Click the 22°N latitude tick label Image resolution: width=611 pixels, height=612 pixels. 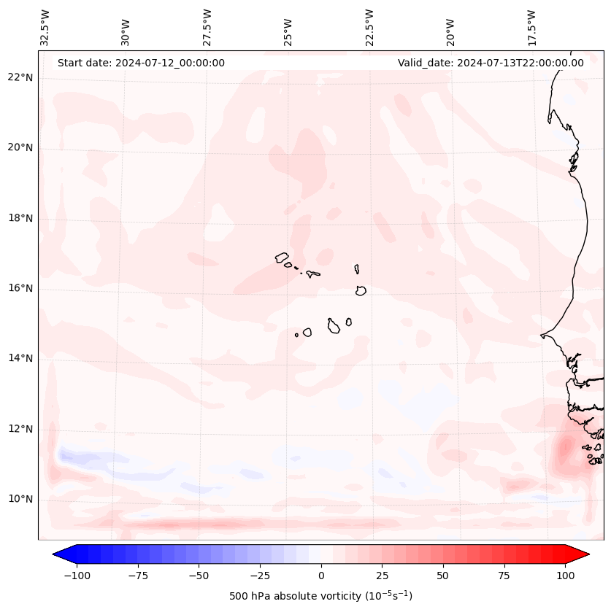click(21, 77)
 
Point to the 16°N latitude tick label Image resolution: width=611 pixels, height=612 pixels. click(21, 288)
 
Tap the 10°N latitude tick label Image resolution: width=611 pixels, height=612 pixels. click(21, 499)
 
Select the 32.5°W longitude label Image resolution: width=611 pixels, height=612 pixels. click(45, 27)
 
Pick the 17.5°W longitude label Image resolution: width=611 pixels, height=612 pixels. click(531, 27)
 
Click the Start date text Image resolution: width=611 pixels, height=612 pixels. click(141, 63)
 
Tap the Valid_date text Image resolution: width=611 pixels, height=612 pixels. click(491, 63)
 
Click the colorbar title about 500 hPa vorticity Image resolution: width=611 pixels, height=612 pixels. click(320, 597)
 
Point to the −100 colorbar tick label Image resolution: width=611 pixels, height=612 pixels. click(77, 576)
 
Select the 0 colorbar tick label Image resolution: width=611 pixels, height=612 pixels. click(320, 576)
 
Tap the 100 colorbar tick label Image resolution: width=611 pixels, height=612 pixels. click(565, 576)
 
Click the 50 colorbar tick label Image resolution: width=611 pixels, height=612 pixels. click(443, 576)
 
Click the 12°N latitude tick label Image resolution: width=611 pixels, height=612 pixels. click(21, 429)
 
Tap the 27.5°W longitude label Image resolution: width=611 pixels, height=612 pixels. click(207, 27)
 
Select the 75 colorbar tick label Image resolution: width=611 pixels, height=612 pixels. click(504, 576)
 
